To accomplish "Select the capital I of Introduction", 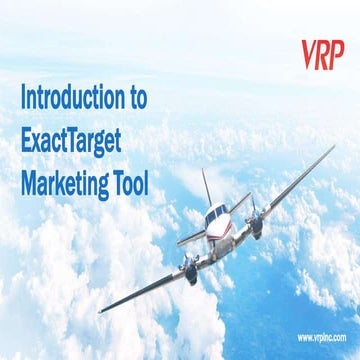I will (23, 98).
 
